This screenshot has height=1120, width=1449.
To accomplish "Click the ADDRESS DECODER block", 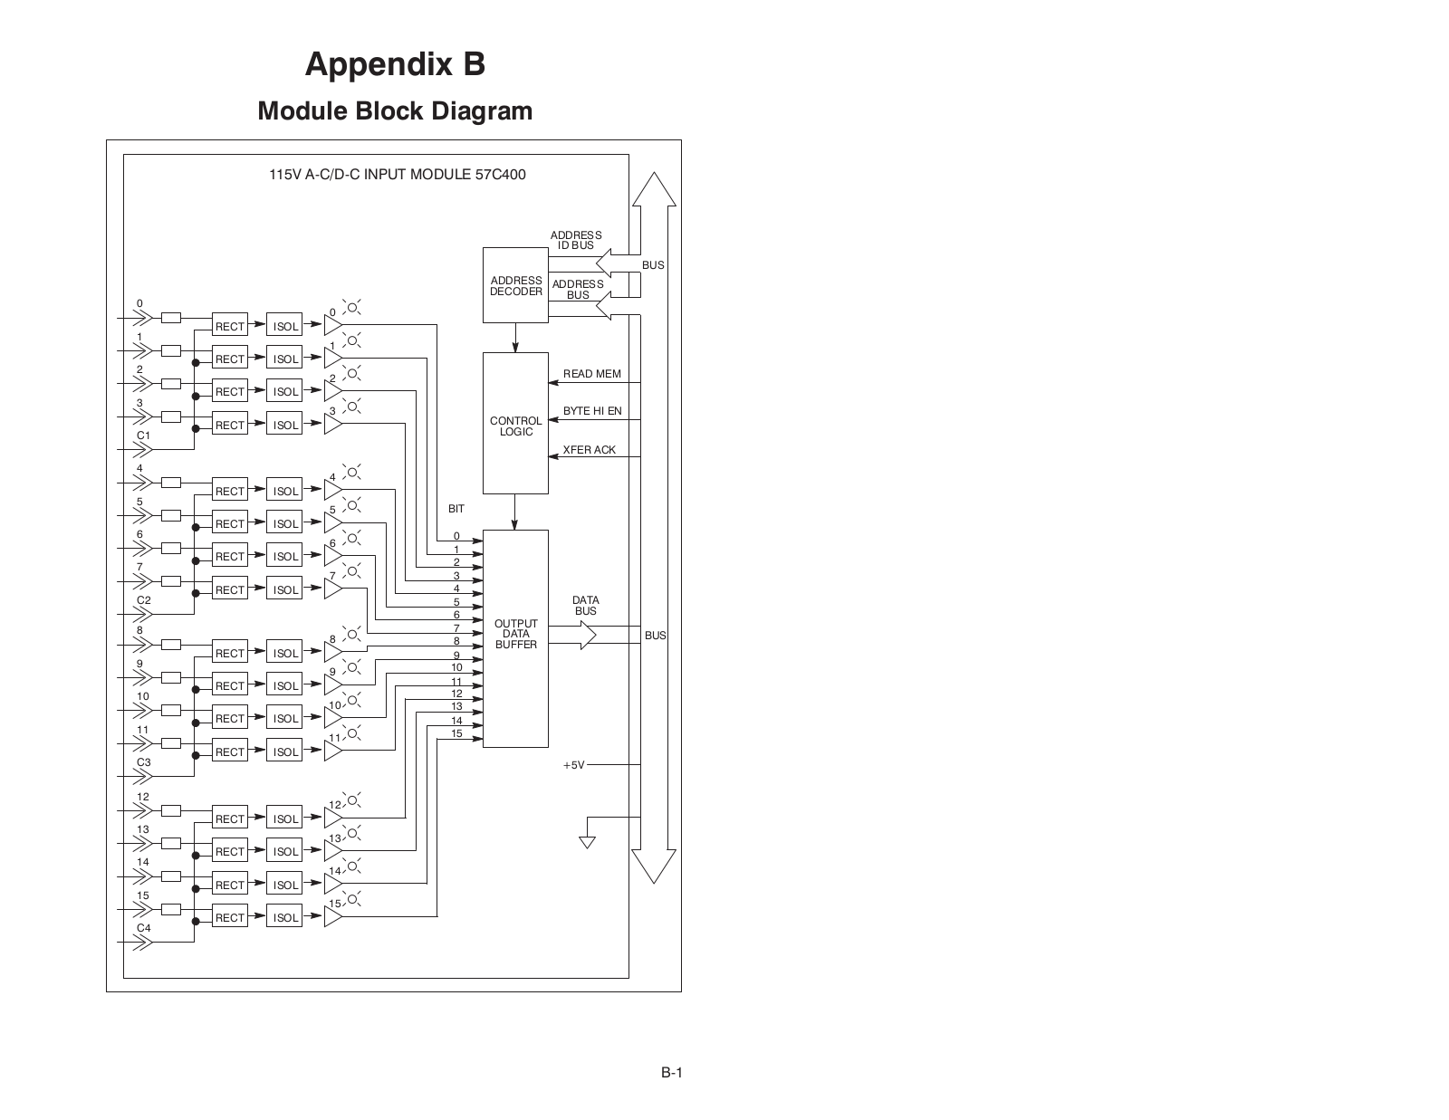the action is pos(515,285).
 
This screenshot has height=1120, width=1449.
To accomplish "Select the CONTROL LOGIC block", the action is pos(515,424).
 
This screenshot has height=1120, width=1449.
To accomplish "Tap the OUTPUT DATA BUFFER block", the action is pos(515,638).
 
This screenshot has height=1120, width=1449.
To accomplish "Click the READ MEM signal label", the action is pos(592,374).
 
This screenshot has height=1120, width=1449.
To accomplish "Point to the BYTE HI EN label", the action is pos(592,411).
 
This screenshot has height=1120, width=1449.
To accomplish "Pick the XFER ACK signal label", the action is pos(590,450).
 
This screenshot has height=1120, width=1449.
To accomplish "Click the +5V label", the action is pos(573,765).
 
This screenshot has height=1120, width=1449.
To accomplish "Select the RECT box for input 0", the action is pos(230,326).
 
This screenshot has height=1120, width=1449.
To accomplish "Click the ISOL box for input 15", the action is pos(284,917).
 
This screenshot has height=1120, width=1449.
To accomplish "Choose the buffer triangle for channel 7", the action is pos(332,589).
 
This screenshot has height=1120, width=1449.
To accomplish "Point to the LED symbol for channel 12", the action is pos(353,799).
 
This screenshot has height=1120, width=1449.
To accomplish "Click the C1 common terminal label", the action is pos(143,436).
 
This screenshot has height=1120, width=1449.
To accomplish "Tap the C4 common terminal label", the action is pos(143,928).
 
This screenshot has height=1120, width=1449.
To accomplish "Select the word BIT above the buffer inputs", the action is pos(456,509).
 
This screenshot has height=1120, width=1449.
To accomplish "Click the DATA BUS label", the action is pos(585,606).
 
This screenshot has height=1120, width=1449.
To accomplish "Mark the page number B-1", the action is pos(671,1073).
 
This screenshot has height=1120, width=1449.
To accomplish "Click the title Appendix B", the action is pos(395,64).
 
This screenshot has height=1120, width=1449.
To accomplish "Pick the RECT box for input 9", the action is pos(230,685).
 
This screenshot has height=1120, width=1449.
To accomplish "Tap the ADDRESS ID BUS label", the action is pos(576,240).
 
